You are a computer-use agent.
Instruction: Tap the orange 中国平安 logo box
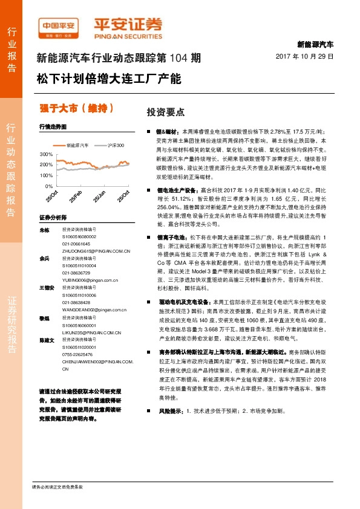click(58, 27)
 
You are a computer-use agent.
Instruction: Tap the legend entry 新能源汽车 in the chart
click(77, 146)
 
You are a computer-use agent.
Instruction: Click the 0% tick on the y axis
click(47, 186)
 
